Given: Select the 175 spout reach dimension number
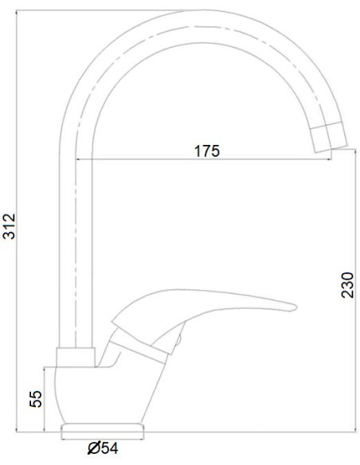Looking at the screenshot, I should (x=206, y=150).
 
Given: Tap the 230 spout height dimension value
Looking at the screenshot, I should (x=347, y=283).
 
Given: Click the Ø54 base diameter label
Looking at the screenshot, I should (x=103, y=449).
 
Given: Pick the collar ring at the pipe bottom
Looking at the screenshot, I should (x=76, y=358).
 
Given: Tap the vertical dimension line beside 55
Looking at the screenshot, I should (x=46, y=398).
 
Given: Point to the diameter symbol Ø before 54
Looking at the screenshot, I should (x=92, y=449).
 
